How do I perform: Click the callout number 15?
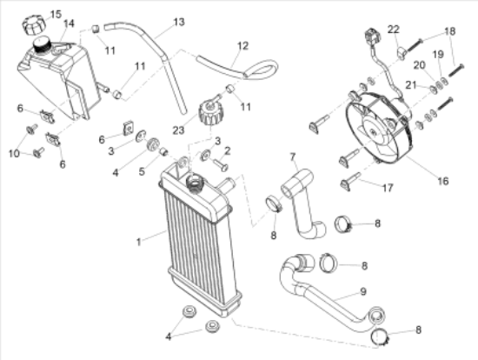(56, 14)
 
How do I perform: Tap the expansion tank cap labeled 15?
(34, 25)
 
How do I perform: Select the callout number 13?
(179, 22)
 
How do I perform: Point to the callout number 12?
(243, 46)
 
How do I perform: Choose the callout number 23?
(179, 130)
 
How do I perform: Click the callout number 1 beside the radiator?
(139, 243)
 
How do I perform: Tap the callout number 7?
(293, 157)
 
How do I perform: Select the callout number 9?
(363, 291)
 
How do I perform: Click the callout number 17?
(388, 188)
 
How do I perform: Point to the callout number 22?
(393, 30)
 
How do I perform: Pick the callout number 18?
(450, 31)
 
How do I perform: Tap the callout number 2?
(227, 150)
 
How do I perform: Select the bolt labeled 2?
(222, 165)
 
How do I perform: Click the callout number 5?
(142, 171)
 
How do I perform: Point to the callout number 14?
(69, 23)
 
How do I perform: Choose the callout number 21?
(411, 85)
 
